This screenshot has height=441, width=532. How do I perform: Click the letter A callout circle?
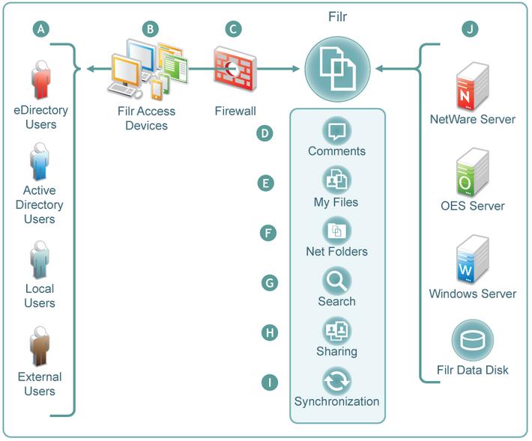pos(41,28)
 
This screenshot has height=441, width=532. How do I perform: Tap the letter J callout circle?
pos(470,29)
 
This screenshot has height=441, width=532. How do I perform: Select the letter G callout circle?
pos(270,283)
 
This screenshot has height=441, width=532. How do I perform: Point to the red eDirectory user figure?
pos(41,79)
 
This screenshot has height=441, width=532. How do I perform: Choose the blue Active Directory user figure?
pos(40,161)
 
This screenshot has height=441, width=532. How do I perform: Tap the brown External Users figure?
pos(40,347)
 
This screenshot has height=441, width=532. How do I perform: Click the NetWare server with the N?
pos(472,86)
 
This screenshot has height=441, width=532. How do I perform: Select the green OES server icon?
pos(472,172)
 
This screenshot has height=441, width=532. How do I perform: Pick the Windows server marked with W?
pos(472,259)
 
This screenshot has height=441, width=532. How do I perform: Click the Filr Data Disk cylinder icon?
pos(472,341)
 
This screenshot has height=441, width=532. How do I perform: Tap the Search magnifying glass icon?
pos(336,281)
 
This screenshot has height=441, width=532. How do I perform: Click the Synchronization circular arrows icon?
pos(336,381)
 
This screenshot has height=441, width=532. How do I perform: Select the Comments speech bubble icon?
pos(336,131)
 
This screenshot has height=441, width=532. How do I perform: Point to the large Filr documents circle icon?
pos(337,69)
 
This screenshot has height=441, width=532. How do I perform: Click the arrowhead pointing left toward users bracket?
pos(90,69)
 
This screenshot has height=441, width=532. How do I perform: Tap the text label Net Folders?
pos(336,252)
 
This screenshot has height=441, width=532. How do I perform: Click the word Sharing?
pos(336,351)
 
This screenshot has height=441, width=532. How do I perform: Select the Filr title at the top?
pos(338,16)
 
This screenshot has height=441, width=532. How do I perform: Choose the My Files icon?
pos(336,180)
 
